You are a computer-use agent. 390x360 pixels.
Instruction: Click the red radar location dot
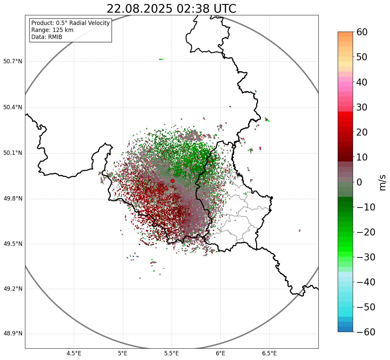click(x=172, y=181)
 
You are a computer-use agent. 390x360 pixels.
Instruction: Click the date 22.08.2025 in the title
click(x=140, y=9)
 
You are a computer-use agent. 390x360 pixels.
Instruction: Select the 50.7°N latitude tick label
click(x=13, y=61)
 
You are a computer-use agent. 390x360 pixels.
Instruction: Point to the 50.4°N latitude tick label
click(x=13, y=107)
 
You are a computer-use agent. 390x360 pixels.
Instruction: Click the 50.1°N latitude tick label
click(x=13, y=153)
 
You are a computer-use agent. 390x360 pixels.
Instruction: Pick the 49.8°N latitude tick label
click(x=13, y=199)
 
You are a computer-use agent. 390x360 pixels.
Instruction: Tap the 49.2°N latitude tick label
click(x=13, y=289)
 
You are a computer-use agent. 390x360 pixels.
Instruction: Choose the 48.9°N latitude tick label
click(x=13, y=334)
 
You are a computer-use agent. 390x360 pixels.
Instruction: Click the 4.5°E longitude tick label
click(x=74, y=353)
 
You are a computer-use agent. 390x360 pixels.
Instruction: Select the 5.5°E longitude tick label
click(x=172, y=353)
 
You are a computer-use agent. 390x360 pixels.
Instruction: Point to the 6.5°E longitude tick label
click(x=269, y=353)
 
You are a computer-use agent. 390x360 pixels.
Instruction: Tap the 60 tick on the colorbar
click(x=362, y=32)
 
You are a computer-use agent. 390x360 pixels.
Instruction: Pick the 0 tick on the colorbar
click(x=359, y=182)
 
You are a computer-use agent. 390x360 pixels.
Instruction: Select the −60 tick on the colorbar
click(x=365, y=332)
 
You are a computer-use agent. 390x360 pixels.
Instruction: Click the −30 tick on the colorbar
click(x=365, y=257)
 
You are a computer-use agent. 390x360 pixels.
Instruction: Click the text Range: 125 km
click(x=52, y=30)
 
